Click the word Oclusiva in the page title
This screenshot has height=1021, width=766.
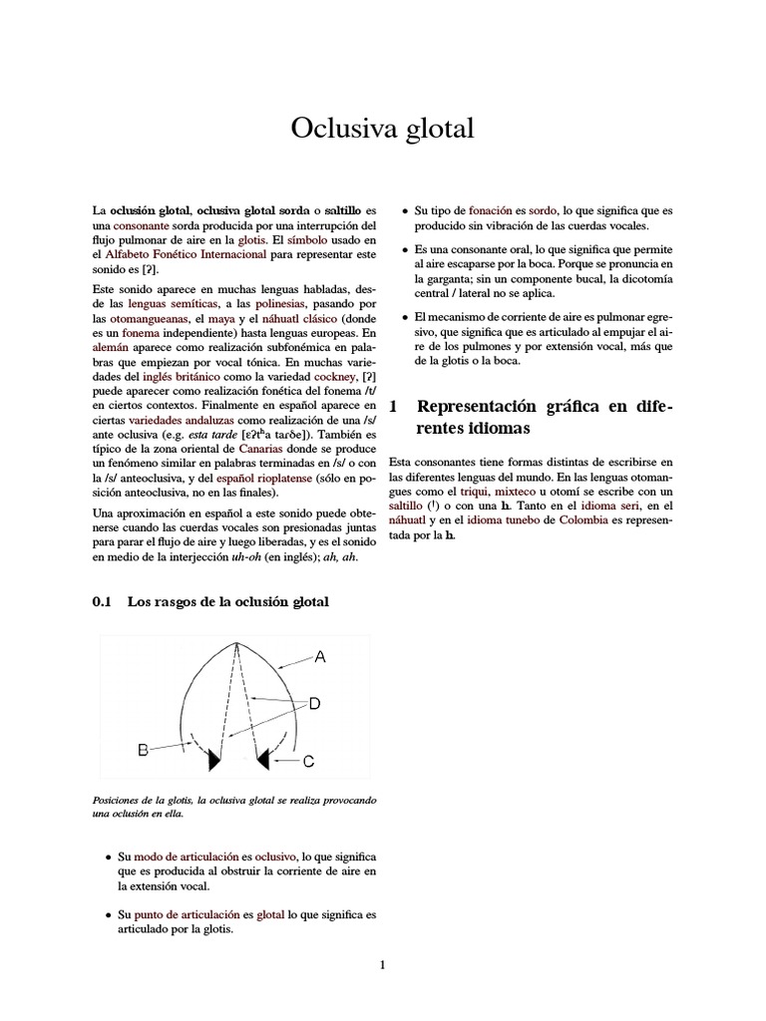[335, 129]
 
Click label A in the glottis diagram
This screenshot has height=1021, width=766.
[320, 656]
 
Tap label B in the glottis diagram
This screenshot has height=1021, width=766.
[144, 749]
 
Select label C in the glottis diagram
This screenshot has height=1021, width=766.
[308, 761]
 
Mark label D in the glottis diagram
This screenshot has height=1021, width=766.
[313, 704]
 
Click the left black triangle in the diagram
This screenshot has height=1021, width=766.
[213, 761]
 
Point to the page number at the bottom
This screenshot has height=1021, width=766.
[382, 964]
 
